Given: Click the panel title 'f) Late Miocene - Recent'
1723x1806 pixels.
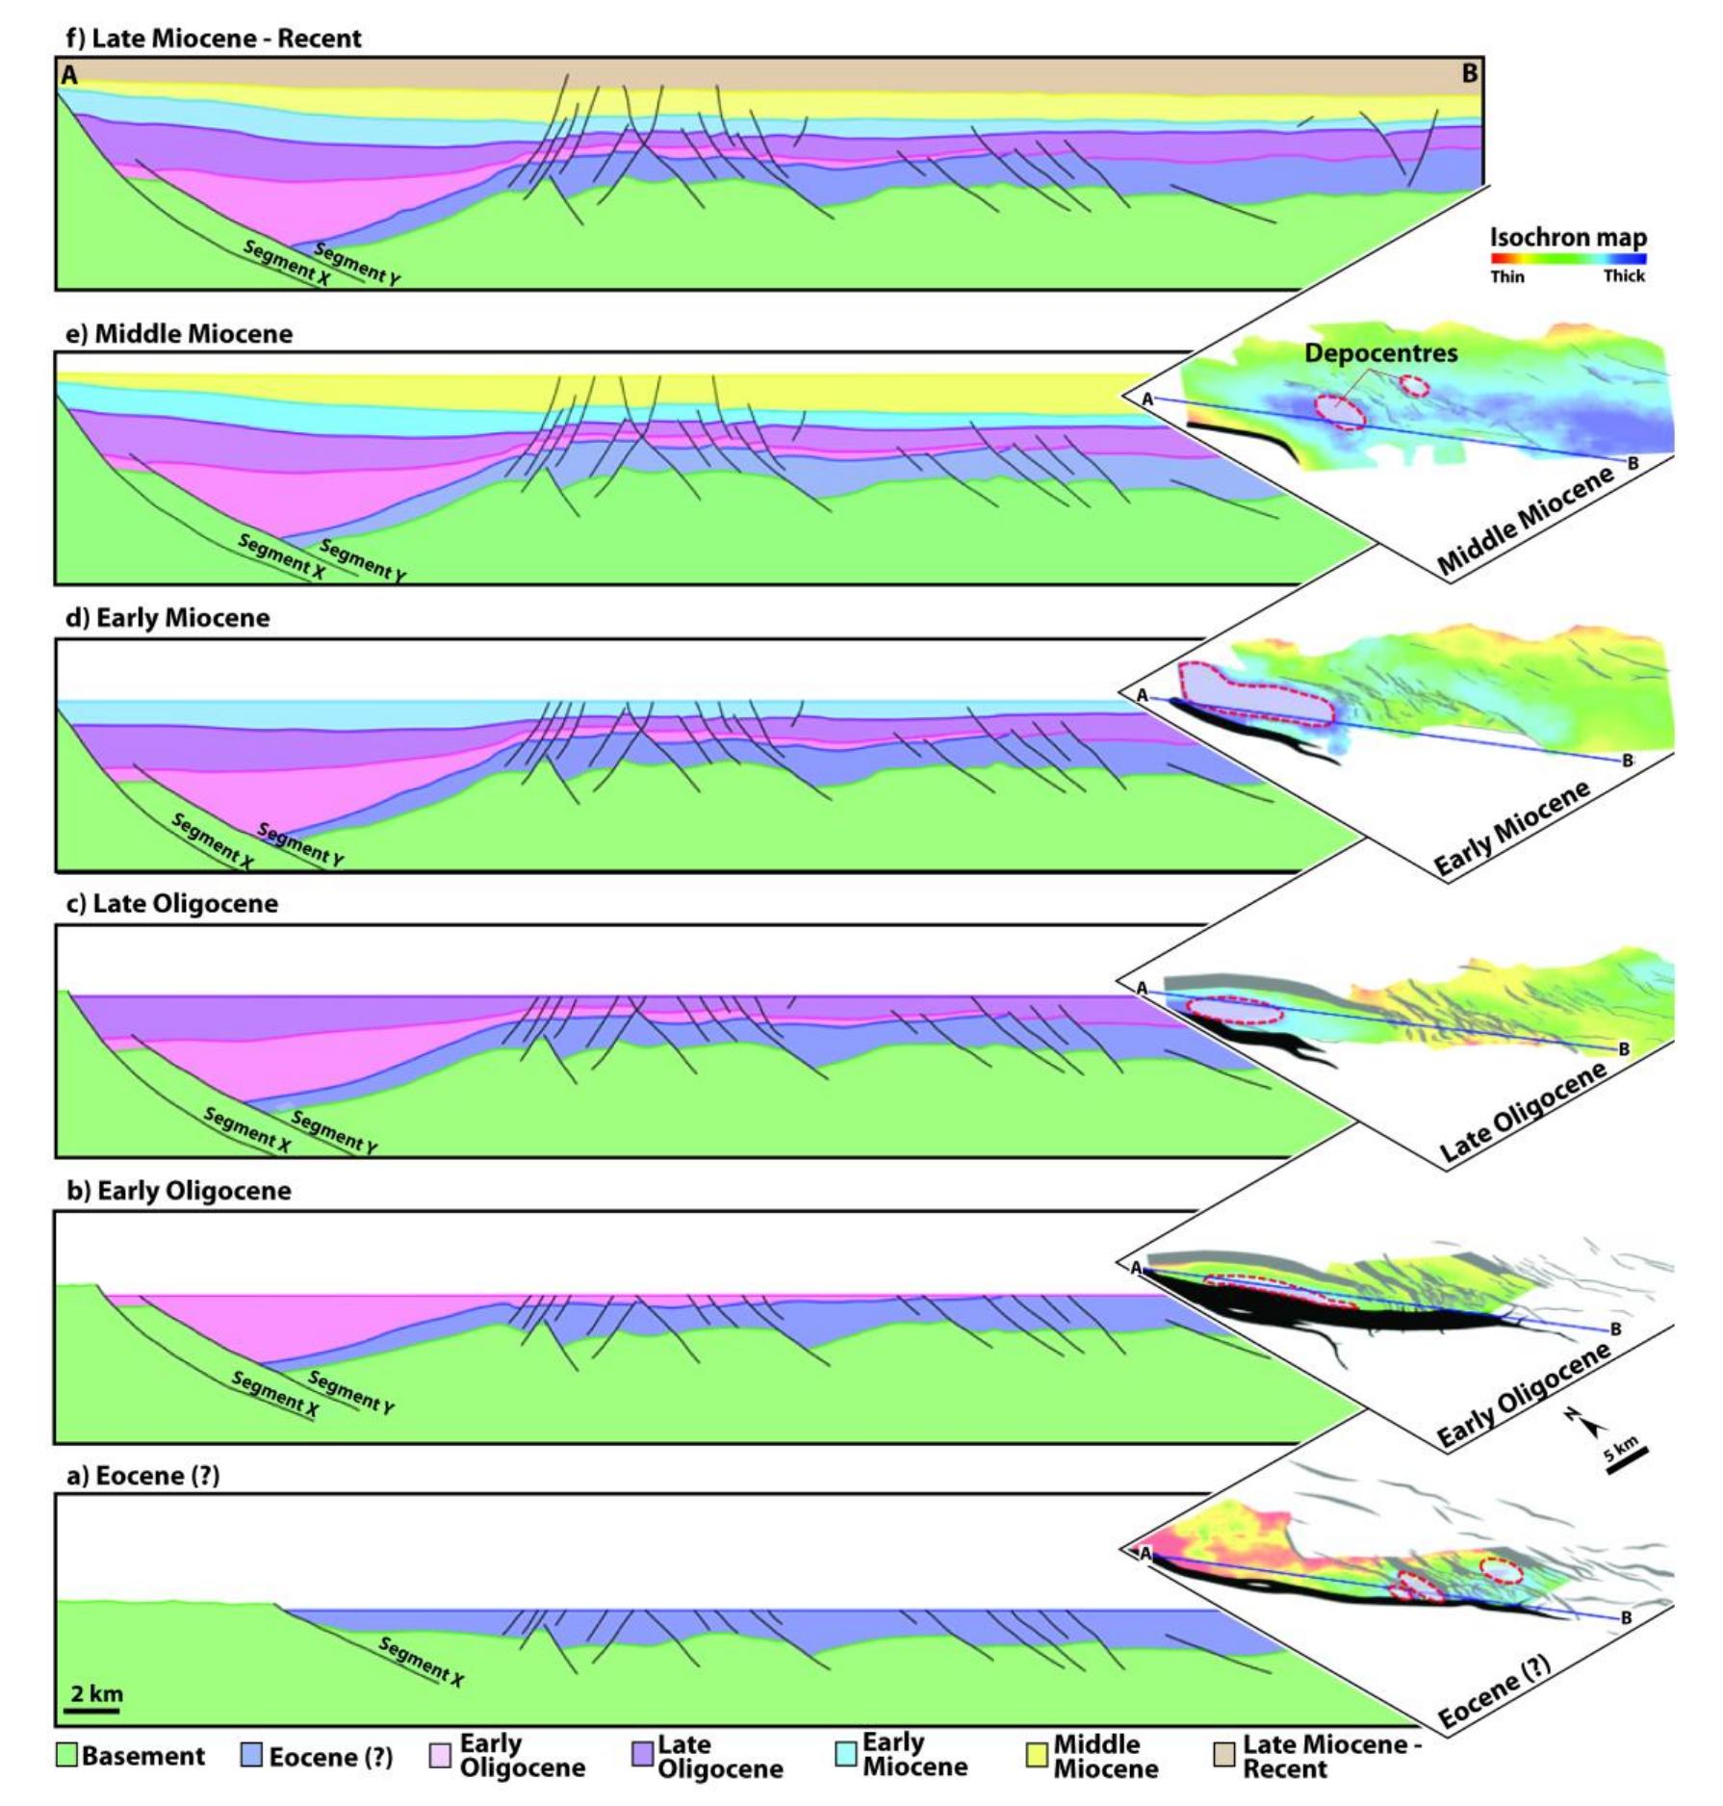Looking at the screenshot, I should [213, 39].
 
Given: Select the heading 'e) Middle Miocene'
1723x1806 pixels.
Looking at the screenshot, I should [179, 334].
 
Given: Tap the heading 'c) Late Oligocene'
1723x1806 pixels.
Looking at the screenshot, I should [171, 904].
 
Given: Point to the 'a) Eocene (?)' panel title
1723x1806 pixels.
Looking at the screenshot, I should [142, 1477].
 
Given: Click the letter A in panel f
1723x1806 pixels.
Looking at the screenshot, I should [68, 75].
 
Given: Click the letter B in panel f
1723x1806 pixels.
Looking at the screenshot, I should [1469, 73].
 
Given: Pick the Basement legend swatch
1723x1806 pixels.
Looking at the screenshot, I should [66, 1756].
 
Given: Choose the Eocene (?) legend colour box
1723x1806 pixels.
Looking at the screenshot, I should [251, 1756].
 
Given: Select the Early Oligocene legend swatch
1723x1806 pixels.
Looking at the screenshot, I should [440, 1756].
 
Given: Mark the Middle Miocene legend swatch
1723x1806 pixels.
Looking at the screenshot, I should [1037, 1756].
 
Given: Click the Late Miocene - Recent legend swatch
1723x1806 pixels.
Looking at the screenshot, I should [1224, 1756].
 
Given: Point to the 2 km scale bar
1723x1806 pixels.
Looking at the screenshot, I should [93, 1711].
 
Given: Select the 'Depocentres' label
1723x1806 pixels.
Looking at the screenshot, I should [1380, 353].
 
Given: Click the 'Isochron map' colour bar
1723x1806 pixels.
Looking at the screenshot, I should [1568, 258].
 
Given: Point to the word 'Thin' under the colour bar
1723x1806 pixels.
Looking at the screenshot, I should [1507, 276].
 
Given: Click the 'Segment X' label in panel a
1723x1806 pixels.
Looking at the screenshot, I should [421, 1662].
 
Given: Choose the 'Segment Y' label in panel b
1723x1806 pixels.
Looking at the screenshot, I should [350, 1392].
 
